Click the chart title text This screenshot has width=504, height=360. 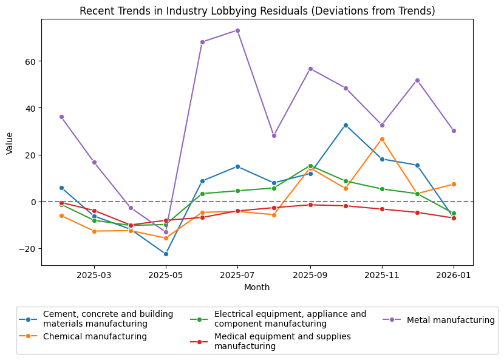[257, 11]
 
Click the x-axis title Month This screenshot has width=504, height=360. [257, 287]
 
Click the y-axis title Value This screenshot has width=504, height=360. [10, 142]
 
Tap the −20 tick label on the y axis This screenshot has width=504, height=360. [28, 248]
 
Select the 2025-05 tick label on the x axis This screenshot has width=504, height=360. [166, 275]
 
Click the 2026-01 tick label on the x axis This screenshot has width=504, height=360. [454, 275]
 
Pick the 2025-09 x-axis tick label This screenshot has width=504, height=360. [310, 275]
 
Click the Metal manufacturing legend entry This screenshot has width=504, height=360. [451, 320]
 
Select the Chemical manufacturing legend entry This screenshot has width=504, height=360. [95, 336]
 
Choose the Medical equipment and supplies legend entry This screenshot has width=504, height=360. [282, 341]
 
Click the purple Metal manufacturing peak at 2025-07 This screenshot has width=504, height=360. [237, 30]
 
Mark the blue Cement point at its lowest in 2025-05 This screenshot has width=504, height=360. [166, 254]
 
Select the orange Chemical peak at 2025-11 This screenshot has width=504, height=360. [382, 139]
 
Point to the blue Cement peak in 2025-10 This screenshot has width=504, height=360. [346, 125]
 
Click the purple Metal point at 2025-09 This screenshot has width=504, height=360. [310, 69]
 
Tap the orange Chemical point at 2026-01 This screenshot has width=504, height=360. [454, 184]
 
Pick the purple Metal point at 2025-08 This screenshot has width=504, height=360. [274, 135]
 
